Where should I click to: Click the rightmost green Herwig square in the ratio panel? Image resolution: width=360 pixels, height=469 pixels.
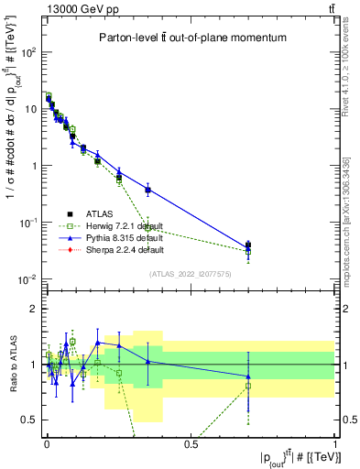[x=248, y=386]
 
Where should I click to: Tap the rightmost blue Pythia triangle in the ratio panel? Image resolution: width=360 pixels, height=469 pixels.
[x=248, y=376]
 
